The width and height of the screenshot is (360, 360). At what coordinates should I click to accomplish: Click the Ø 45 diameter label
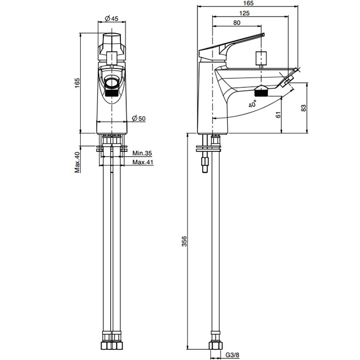click(111, 18)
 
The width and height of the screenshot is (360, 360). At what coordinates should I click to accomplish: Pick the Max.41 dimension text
click(143, 162)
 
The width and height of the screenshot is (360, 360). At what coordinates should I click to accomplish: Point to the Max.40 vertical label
click(77, 162)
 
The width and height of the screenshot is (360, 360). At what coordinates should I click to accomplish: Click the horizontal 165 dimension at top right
click(247, 4)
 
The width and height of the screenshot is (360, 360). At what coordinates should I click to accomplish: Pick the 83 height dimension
click(304, 108)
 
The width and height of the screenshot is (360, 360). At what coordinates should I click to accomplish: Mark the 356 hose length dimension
click(185, 242)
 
